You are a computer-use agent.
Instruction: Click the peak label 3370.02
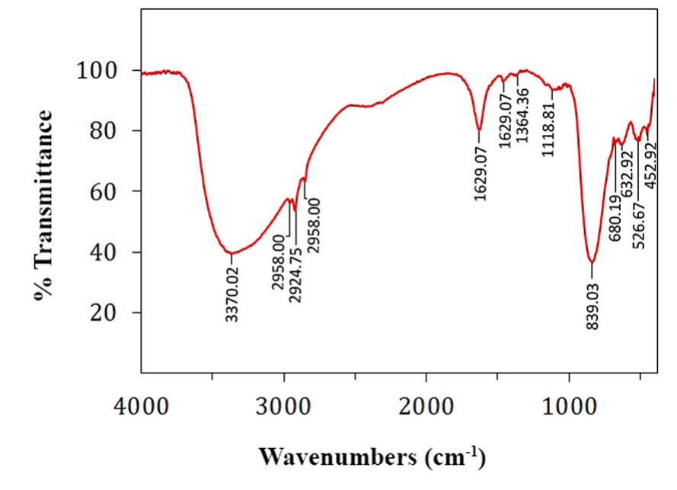tap(232, 293)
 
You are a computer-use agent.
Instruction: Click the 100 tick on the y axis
tap(116, 71)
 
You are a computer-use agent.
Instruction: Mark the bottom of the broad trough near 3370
tap(231, 253)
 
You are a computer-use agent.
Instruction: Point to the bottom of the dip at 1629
tap(479, 130)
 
